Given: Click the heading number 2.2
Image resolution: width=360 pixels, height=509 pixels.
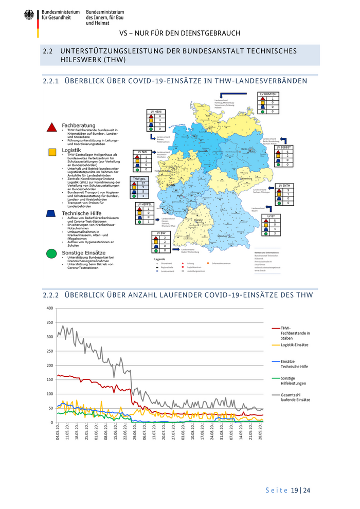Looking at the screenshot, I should click(x=48, y=51).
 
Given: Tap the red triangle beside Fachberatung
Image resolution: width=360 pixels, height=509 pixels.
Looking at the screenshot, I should click(x=51, y=127).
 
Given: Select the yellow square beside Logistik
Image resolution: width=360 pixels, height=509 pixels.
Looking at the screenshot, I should click(x=51, y=152).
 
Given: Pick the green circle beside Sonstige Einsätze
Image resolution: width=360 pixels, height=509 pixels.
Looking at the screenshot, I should click(x=51, y=253).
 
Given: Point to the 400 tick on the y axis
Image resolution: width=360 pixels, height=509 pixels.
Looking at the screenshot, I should click(x=49, y=308).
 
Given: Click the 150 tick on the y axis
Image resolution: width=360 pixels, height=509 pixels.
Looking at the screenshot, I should click(x=49, y=379).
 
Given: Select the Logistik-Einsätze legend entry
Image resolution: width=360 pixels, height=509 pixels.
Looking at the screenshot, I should click(x=297, y=346).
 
